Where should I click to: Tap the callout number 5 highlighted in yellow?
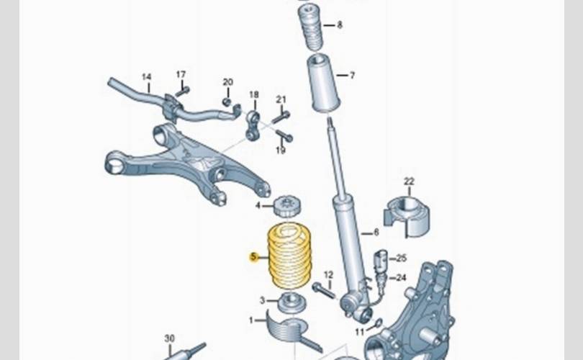pos(253,256)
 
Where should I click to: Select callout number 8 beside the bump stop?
pos(340,24)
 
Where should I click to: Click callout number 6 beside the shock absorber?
pos(375,233)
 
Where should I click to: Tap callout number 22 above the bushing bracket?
pos(409,181)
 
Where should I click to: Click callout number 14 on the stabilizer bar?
pos(146,76)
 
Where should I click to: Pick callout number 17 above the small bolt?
pos(181,74)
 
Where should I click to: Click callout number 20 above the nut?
pos(227,82)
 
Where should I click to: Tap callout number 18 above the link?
pos(253,94)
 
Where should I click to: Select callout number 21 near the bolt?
pos(281,99)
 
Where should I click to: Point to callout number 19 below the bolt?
pos(281,150)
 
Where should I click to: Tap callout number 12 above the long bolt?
pos(328,274)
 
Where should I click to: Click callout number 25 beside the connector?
pos(401,258)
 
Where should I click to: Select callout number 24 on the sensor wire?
pos(401,277)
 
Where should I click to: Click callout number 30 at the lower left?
pos(169,338)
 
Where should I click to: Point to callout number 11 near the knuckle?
pos(359,332)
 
